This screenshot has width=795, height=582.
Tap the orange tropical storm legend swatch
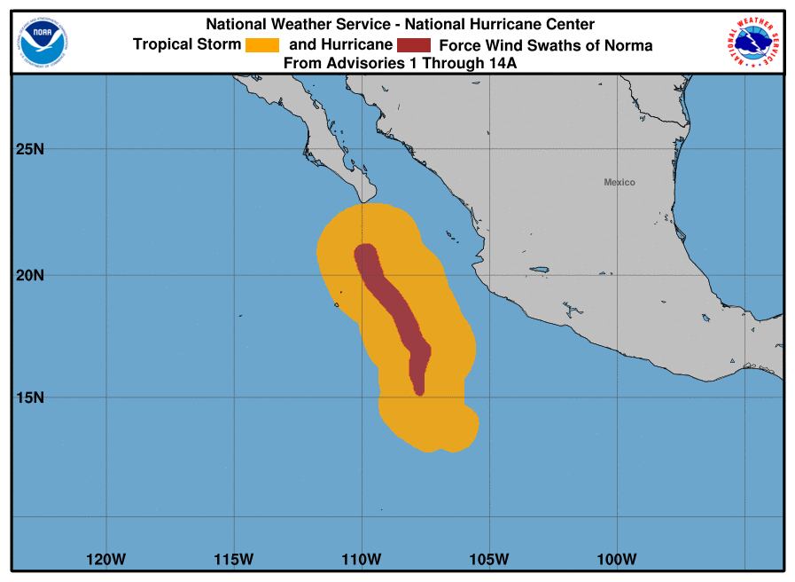(x=262, y=44)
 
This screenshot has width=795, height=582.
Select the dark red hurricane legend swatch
(x=414, y=44)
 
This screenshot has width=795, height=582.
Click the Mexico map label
(x=620, y=182)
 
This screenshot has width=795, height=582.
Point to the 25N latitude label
(x=30, y=149)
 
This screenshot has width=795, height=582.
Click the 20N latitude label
(x=30, y=275)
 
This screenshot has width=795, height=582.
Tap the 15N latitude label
(x=30, y=397)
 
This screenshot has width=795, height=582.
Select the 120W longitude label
(x=105, y=560)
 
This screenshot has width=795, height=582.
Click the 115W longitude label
(x=233, y=560)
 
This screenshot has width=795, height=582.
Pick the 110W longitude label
(x=361, y=560)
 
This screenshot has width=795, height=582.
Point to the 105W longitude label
(x=489, y=560)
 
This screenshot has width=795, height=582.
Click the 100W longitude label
(x=617, y=560)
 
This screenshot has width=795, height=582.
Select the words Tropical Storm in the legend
(x=186, y=45)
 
